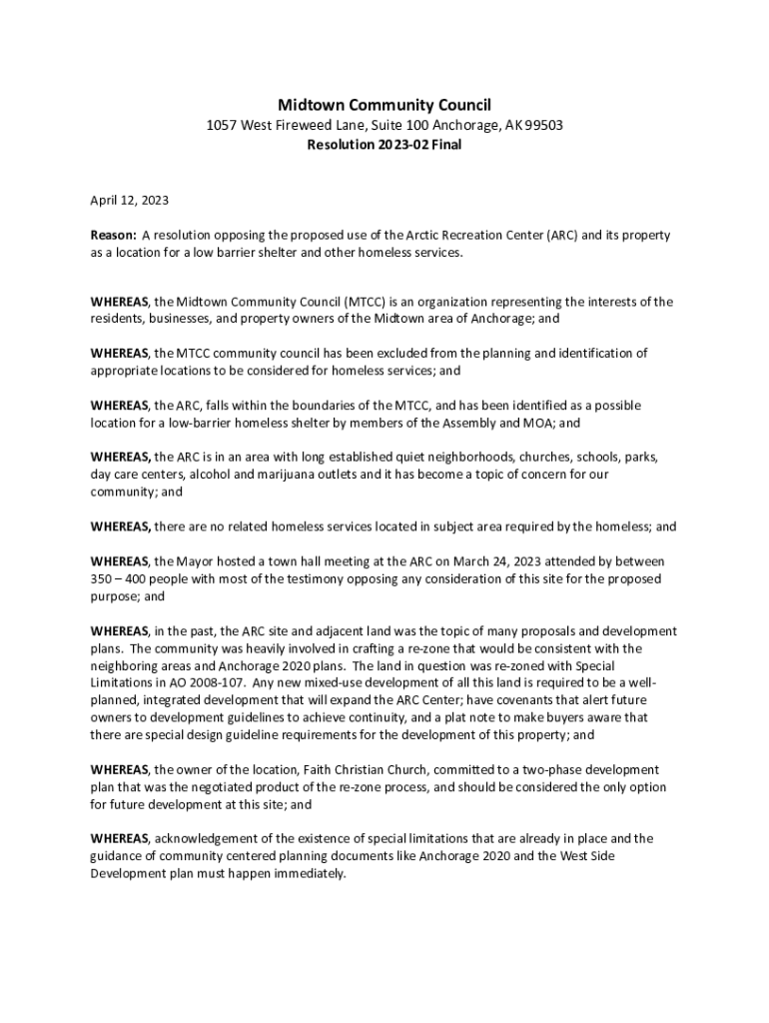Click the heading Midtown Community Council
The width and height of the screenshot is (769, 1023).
point(384,105)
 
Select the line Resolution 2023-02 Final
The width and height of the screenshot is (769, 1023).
point(384,145)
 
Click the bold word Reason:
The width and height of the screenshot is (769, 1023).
point(113,235)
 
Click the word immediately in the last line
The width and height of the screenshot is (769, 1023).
point(311,873)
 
